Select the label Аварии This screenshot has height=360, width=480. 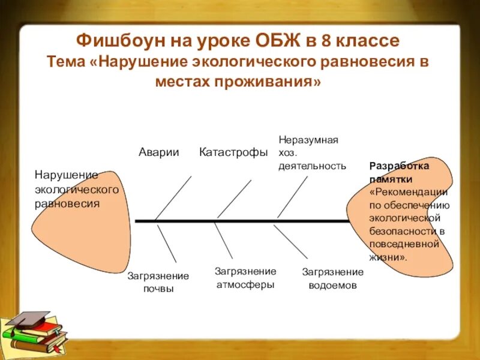click(x=159, y=152)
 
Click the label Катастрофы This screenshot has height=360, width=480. click(x=233, y=152)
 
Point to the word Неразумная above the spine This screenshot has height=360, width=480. click(x=308, y=140)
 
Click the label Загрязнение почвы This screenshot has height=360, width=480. click(x=158, y=282)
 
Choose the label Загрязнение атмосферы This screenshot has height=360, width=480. click(x=245, y=278)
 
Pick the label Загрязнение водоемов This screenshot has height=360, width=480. click(x=332, y=279)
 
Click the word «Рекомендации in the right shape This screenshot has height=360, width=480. click(x=409, y=192)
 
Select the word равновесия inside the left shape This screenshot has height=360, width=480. click(x=67, y=203)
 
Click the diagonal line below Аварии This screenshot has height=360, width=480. click(x=173, y=197)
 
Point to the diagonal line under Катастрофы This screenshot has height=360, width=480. click(x=235, y=199)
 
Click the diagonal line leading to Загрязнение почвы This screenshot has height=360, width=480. click(x=166, y=242)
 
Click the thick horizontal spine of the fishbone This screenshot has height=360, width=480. click(x=252, y=221)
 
